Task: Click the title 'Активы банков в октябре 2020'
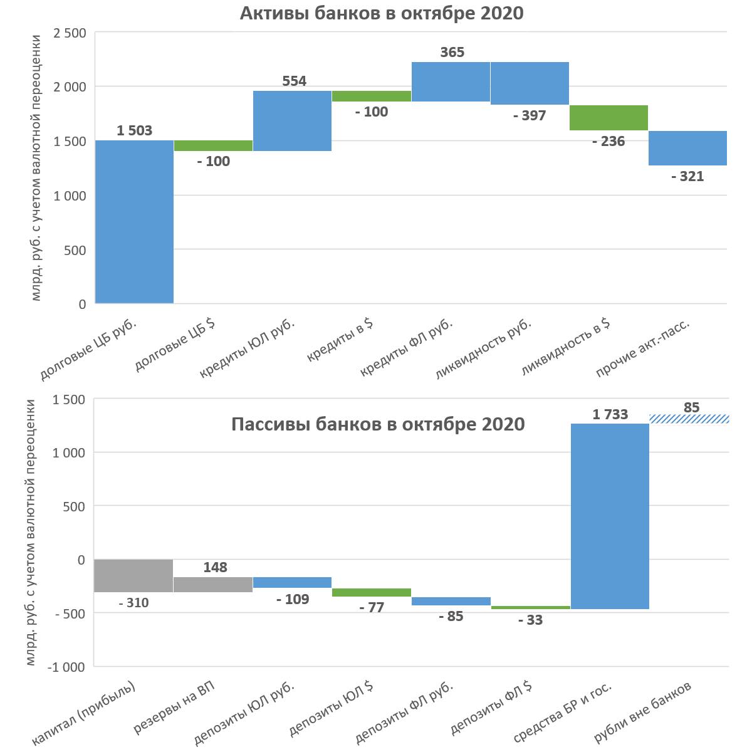pos(381,13)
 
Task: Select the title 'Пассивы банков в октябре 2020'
pos(378,424)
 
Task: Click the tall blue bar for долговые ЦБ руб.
pos(134,222)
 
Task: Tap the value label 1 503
pos(134,130)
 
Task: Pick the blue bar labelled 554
pos(292,121)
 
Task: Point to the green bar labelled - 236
pos(608,118)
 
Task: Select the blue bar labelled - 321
pos(687,148)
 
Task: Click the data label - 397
pos(530,115)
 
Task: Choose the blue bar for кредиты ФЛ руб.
pos(451,81)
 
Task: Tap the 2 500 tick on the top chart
pos(70,33)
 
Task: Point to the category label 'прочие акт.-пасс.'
pos(643,350)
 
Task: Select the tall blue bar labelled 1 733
pos(610,516)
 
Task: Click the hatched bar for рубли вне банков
pos(689,419)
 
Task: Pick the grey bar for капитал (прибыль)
pos(133,575)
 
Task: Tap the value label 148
pos(216,567)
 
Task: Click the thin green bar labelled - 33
pos(530,607)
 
